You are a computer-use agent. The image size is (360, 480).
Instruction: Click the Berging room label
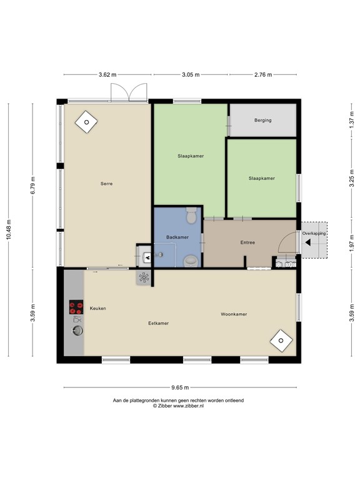[262, 120]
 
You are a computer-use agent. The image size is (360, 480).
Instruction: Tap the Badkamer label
[177, 237]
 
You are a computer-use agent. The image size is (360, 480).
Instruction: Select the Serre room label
[106, 184]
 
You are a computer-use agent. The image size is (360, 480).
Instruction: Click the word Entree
[247, 242]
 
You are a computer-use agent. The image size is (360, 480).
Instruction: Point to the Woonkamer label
[234, 314]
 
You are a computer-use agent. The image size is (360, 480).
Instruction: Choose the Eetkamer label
[158, 323]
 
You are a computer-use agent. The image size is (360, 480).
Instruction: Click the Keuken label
[97, 308]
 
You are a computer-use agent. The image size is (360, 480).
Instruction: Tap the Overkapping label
[314, 233]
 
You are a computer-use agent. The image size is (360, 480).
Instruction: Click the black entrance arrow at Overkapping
[308, 242]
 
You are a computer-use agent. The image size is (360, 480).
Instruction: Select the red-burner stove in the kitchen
[76, 307]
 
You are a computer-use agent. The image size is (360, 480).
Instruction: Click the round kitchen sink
[77, 330]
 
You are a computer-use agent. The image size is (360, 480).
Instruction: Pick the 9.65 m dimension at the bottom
[180, 387]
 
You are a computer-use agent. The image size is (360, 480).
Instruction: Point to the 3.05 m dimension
[191, 75]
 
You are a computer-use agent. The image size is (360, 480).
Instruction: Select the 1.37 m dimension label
[352, 120]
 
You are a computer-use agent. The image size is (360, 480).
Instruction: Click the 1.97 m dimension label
[352, 244]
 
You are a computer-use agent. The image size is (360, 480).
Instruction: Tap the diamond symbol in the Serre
[86, 122]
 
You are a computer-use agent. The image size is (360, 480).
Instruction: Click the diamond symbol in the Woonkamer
[281, 341]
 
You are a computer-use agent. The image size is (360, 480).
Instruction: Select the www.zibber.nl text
[188, 406]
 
